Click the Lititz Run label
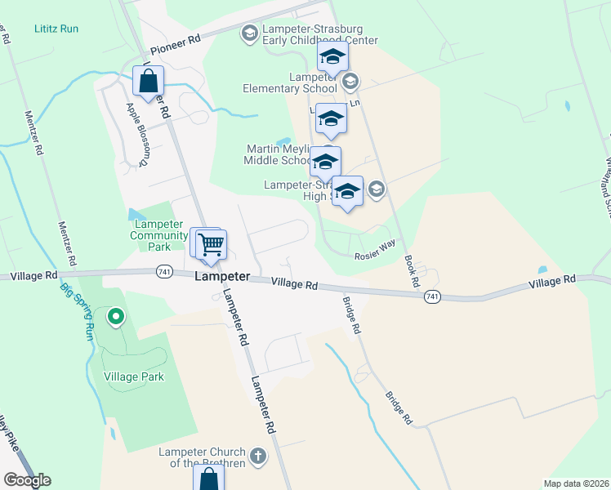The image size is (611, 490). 56,29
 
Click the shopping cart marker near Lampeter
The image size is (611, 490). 212,243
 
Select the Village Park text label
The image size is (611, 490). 134,377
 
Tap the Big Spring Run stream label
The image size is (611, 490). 75,310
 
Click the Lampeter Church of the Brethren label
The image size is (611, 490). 201,457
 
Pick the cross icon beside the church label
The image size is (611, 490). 257,456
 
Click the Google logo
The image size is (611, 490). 27,480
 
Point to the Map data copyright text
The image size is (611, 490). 577,483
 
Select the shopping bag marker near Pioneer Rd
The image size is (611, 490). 149,82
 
